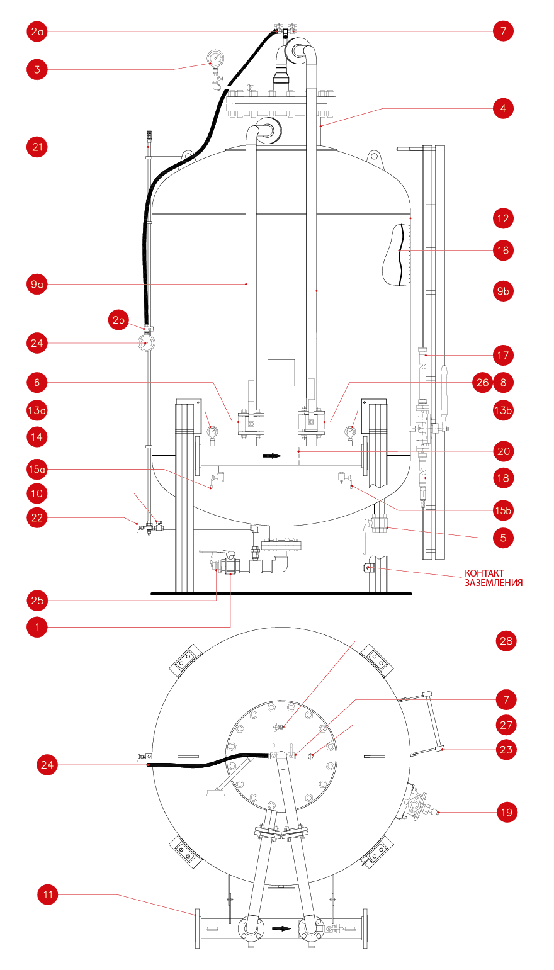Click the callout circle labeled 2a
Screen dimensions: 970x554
(37, 31)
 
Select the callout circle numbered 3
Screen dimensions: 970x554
(37, 69)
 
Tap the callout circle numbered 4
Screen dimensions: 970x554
(503, 108)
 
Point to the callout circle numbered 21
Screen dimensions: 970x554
(37, 147)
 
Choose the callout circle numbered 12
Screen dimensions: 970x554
(503, 218)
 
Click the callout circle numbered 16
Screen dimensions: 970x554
(503, 251)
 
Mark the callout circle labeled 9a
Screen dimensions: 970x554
(37, 285)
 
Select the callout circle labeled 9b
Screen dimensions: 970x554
(503, 291)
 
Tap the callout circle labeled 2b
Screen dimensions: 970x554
(118, 320)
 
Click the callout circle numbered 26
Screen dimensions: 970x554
(482, 383)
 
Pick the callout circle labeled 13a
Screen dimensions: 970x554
(37, 410)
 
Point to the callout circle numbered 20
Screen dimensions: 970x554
(504, 451)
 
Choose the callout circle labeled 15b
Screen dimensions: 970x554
(503, 510)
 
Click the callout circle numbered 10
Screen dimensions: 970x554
(37, 493)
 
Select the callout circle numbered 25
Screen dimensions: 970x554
(37, 601)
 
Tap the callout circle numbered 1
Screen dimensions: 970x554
(37, 627)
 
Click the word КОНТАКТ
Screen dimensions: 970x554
(484, 573)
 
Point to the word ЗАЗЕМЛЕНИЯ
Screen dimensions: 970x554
(494, 583)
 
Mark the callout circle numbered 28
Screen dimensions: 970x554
(506, 641)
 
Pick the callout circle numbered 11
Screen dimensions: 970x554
(48, 894)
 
